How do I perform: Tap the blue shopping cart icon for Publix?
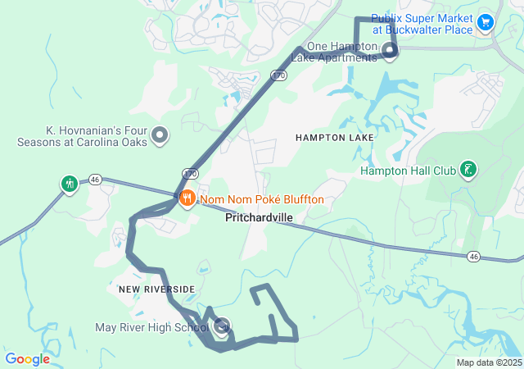click(485, 22)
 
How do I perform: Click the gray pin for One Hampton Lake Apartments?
click(390, 52)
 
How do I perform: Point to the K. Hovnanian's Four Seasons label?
click(82, 135)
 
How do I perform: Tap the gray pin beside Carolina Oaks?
click(160, 135)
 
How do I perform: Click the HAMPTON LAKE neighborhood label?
click(334, 138)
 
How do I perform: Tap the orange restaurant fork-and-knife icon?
click(187, 198)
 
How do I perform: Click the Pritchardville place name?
click(260, 218)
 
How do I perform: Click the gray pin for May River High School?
click(221, 326)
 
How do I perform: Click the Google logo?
click(27, 358)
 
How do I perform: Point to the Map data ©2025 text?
click(489, 362)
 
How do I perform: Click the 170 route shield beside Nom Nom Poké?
click(190, 174)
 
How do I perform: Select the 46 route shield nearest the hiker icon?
click(96, 179)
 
